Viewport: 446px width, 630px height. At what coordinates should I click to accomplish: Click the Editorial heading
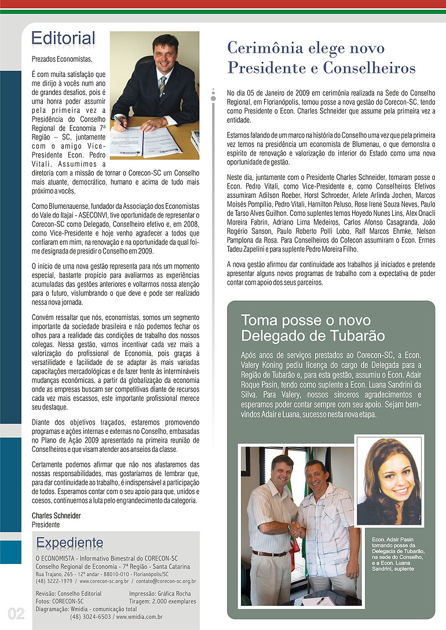pos(63,39)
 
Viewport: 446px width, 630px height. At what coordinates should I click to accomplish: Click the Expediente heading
pos(70,543)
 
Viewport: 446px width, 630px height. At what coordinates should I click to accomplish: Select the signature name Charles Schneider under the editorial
pos(56,515)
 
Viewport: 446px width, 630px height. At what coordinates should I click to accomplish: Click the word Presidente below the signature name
pos(46,524)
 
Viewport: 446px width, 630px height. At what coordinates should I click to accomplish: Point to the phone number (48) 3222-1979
pos(54,581)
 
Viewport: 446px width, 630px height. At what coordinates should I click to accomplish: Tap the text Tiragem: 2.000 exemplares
pos(162,602)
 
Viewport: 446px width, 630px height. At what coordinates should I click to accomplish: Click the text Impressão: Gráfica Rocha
pos(160,594)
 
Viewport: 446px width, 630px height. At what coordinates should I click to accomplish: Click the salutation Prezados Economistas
pos(62,59)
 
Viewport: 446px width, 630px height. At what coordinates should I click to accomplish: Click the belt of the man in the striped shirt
pos(269,553)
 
